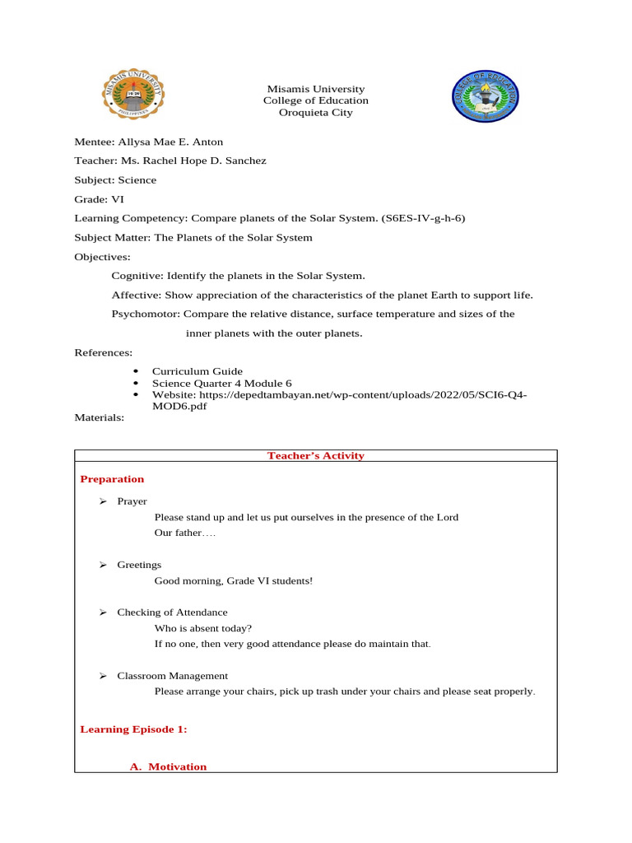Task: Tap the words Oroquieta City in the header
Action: [316, 113]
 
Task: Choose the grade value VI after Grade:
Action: [118, 199]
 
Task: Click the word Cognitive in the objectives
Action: [136, 275]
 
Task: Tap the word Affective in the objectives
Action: [136, 295]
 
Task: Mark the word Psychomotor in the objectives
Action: [145, 314]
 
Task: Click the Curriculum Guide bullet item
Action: [197, 371]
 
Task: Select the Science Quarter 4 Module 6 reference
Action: [221, 383]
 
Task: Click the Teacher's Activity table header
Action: [316, 455]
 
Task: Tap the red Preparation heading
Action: [112, 478]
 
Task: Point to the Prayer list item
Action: [132, 501]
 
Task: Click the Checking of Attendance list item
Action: [172, 612]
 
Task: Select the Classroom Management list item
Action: [172, 676]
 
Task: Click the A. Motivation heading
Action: [169, 766]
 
